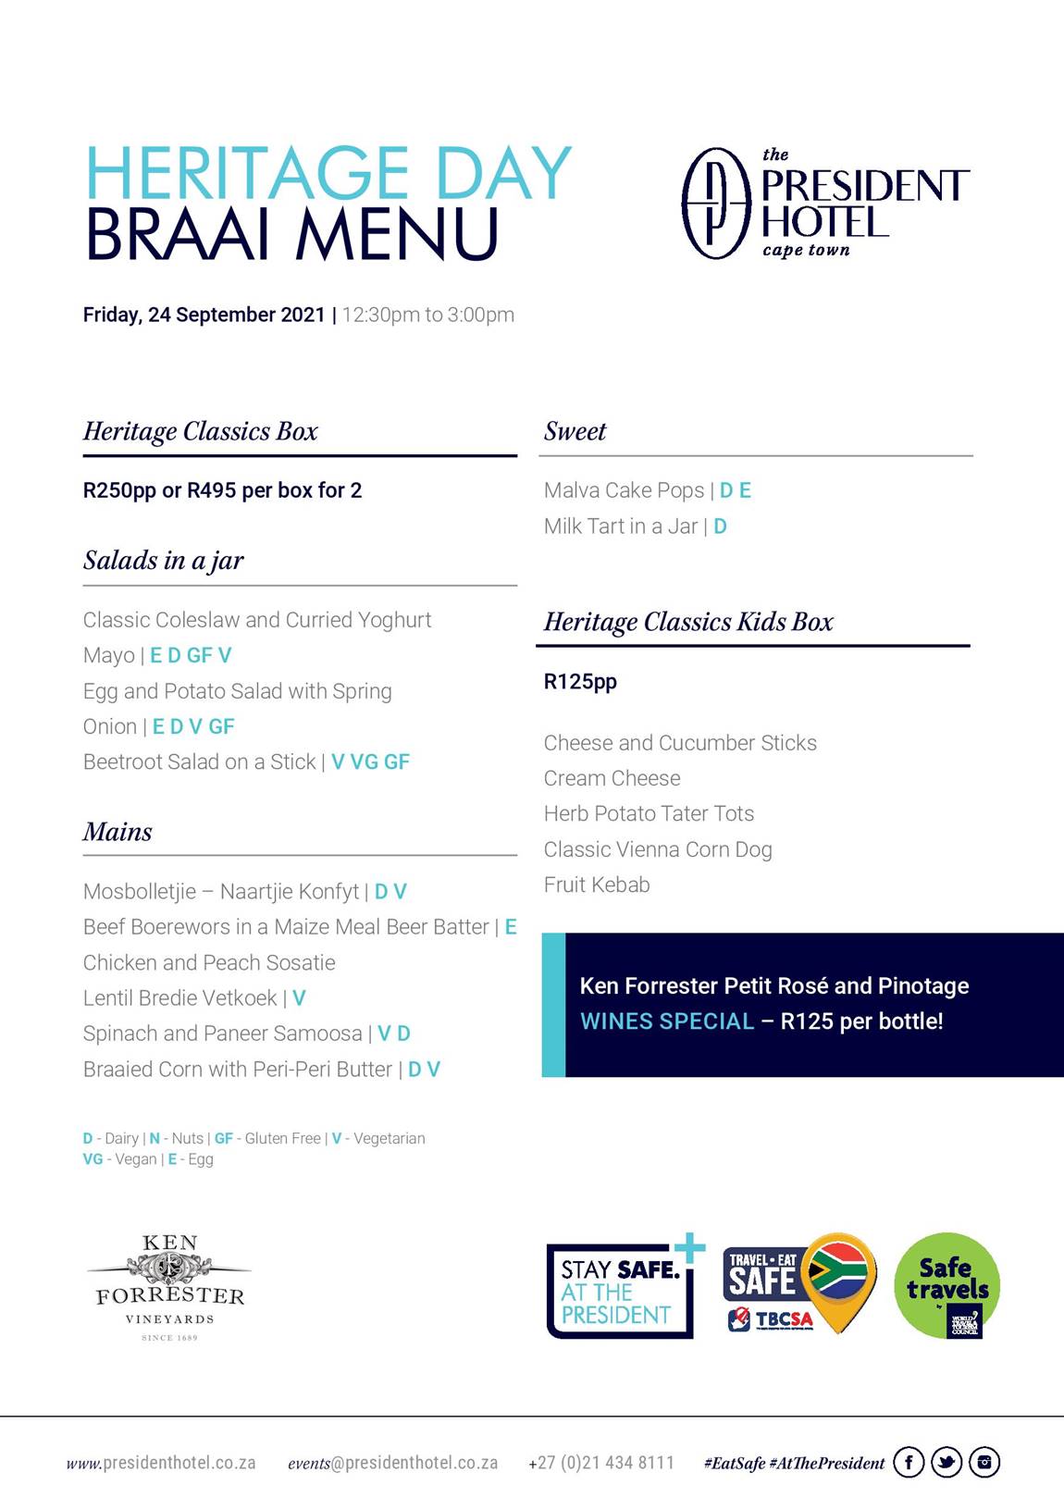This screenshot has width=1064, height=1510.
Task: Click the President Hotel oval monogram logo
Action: click(x=716, y=203)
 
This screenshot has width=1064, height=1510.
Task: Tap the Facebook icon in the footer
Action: click(x=909, y=1462)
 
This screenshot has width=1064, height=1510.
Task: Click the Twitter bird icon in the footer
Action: click(x=946, y=1462)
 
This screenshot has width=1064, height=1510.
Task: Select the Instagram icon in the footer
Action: click(x=984, y=1462)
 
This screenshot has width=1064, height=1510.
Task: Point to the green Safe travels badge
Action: click(x=946, y=1285)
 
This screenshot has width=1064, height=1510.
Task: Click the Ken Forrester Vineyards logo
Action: click(x=169, y=1287)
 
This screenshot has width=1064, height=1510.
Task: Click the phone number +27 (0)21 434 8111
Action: click(x=600, y=1463)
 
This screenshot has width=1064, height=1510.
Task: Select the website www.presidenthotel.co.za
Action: click(x=161, y=1463)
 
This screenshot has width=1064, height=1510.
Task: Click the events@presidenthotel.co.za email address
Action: click(x=392, y=1463)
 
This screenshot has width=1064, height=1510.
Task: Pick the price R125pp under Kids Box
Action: click(x=580, y=682)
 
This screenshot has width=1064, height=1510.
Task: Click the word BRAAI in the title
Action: click(x=178, y=234)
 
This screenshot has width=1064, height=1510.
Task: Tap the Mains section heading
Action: click(x=118, y=832)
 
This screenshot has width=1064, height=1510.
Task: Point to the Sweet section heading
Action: click(x=575, y=431)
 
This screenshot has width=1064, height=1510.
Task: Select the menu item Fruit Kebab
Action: click(x=597, y=885)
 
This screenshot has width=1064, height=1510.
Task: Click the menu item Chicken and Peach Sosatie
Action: click(x=209, y=962)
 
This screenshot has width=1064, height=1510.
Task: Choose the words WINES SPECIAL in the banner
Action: click(x=667, y=1021)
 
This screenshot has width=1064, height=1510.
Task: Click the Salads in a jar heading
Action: click(x=164, y=561)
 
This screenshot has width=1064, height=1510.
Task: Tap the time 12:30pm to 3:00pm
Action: click(x=428, y=315)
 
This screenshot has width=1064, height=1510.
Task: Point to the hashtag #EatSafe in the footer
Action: click(x=734, y=1463)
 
